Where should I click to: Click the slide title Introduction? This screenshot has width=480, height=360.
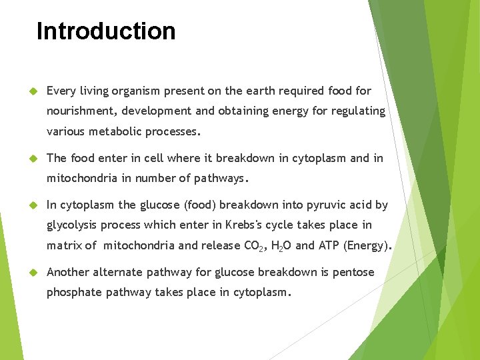106,31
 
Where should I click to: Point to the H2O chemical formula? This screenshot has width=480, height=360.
280,246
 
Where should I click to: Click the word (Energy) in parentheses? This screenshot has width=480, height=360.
367,245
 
